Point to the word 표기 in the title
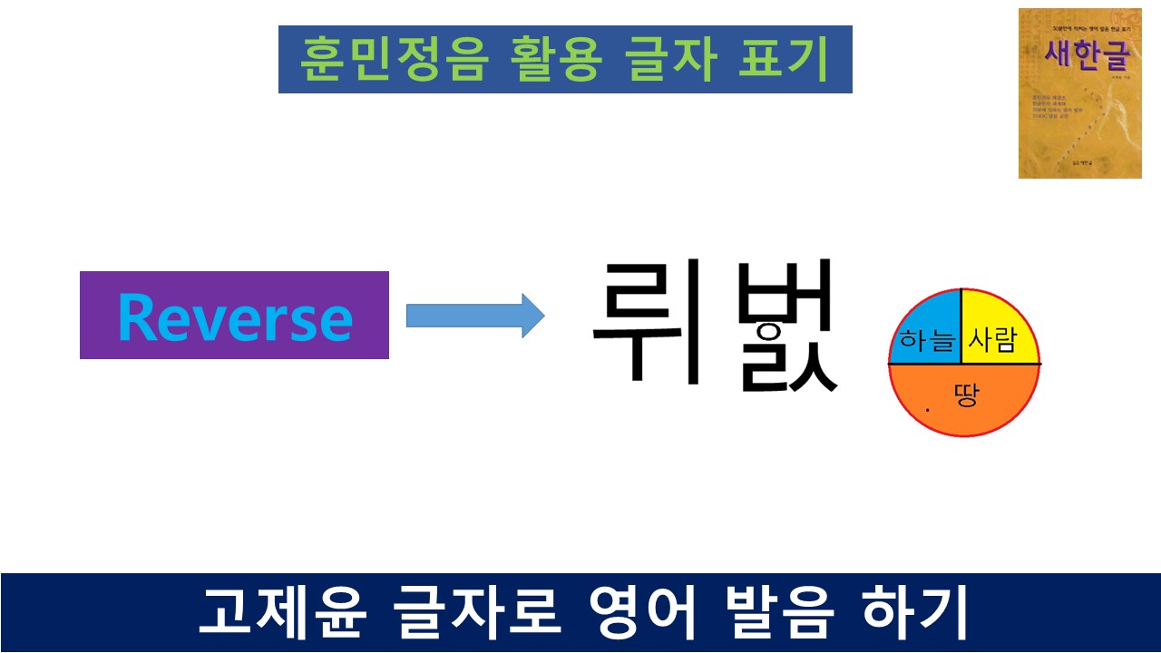click(784, 61)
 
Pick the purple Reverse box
click(234, 316)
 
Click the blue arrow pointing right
click(474, 316)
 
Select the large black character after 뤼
click(785, 326)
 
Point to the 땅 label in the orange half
click(967, 395)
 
